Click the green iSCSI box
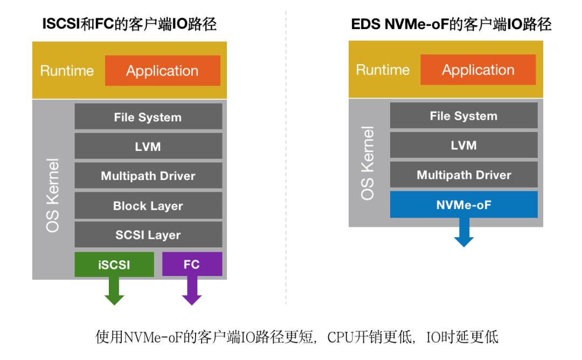[x=114, y=264]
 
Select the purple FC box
[x=192, y=264]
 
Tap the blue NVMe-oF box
[x=463, y=204]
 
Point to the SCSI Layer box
[x=148, y=234]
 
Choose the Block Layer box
[x=148, y=205]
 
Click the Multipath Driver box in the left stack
[x=148, y=176]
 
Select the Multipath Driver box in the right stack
[x=463, y=175]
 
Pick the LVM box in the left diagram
[x=148, y=146]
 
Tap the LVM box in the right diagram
[x=463, y=145]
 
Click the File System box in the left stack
[x=148, y=117]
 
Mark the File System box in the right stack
[x=463, y=116]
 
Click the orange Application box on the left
[x=162, y=71]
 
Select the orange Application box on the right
[x=478, y=70]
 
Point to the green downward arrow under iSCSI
[x=114, y=292]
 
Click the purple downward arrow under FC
[x=192, y=292]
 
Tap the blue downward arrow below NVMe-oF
[x=463, y=233]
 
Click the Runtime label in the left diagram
[x=67, y=71]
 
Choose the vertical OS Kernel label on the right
[x=368, y=163]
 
